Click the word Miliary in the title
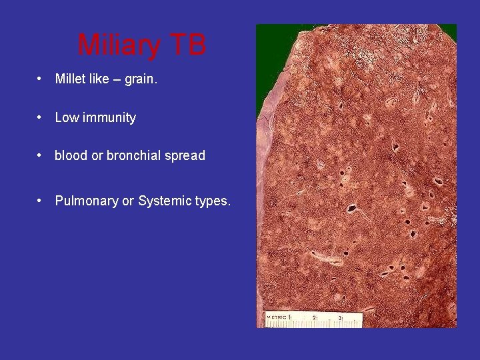(x=119, y=45)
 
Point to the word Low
(x=67, y=117)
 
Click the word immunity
(x=109, y=117)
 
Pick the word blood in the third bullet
(x=71, y=155)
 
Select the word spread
(x=187, y=155)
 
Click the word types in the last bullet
(x=212, y=201)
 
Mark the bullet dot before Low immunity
(x=41, y=118)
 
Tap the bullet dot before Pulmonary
(x=41, y=201)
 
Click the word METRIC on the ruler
(x=277, y=317)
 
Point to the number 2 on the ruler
(x=314, y=318)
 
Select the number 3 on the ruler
(x=339, y=318)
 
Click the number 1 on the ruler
(x=290, y=317)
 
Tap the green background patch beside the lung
(x=265, y=67)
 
